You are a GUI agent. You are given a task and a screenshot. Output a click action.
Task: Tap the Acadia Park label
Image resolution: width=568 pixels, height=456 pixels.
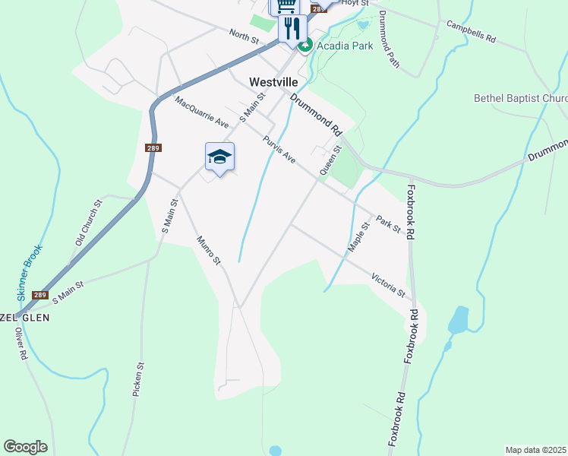tap(345, 46)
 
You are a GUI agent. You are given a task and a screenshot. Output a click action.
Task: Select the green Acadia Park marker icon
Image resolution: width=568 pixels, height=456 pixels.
tap(305, 46)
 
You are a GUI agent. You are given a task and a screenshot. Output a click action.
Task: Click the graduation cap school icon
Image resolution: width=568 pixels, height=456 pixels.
tap(219, 157)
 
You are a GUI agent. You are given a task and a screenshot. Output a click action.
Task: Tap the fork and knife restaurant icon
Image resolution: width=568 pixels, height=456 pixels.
tap(292, 28)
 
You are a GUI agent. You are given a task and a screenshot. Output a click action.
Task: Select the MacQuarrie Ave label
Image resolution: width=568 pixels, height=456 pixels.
tap(201, 112)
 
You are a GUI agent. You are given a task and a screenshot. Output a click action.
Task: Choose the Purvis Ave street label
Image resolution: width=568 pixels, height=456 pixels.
tap(279, 150)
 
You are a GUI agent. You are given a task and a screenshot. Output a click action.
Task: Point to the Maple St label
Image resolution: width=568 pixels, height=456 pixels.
tap(358, 236)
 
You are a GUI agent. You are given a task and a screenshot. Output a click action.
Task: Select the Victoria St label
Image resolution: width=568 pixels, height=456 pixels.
tap(389, 284)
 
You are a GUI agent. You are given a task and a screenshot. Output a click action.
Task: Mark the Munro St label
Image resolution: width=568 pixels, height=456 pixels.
tap(207, 251)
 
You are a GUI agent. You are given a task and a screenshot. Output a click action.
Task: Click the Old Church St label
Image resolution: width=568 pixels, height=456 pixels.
tap(89, 223)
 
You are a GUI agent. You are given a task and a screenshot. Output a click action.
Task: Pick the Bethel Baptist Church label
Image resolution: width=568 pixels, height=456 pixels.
tap(520, 98)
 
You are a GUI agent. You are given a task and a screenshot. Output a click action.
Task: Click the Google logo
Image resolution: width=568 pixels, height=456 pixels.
tap(25, 446)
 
